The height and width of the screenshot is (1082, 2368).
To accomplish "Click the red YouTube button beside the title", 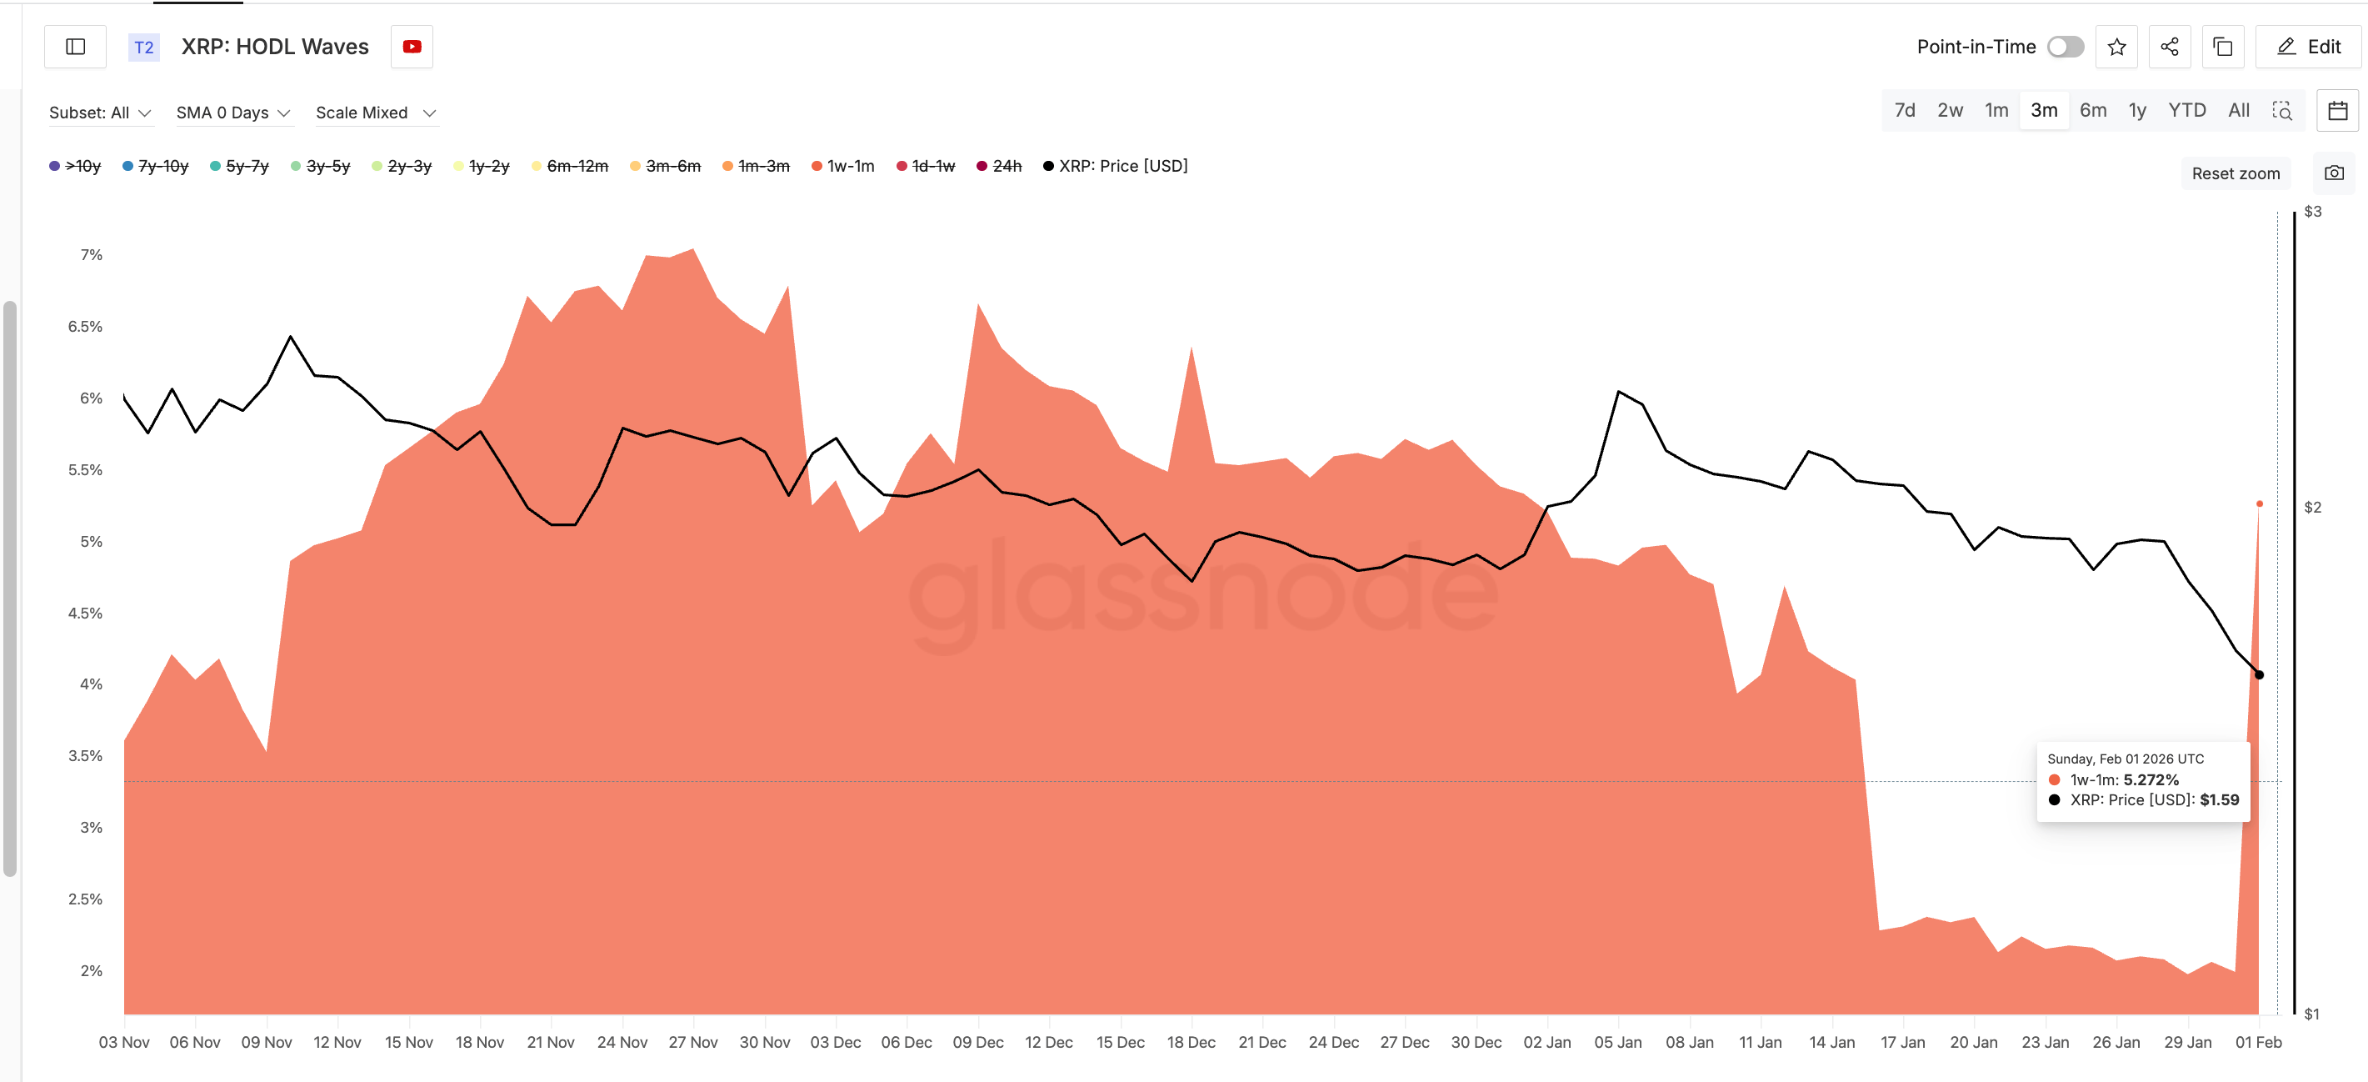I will (412, 47).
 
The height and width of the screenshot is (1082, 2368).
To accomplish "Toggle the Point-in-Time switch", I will (2065, 47).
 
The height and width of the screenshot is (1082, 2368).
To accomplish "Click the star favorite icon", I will (2116, 47).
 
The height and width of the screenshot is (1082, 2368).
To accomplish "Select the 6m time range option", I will (2092, 110).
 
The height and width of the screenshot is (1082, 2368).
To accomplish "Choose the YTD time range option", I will (2186, 110).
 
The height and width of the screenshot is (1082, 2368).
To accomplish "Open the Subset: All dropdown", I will (99, 113).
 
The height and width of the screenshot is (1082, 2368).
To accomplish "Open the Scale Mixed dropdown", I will (375, 113).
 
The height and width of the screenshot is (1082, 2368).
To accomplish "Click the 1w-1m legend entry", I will (843, 167).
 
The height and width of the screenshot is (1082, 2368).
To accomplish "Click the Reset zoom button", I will (2235, 173).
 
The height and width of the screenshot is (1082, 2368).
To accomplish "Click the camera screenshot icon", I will (2333, 173).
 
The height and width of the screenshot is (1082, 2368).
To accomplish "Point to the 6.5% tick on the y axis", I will (86, 326).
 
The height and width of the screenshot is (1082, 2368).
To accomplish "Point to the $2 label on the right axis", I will (2312, 508).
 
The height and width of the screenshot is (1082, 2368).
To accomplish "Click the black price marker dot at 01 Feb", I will (2259, 674).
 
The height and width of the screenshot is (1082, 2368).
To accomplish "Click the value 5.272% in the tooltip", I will (2151, 779).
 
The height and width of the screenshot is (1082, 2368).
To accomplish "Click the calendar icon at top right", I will (2336, 111).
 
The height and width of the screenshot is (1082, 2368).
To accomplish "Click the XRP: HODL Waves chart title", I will (275, 47).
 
